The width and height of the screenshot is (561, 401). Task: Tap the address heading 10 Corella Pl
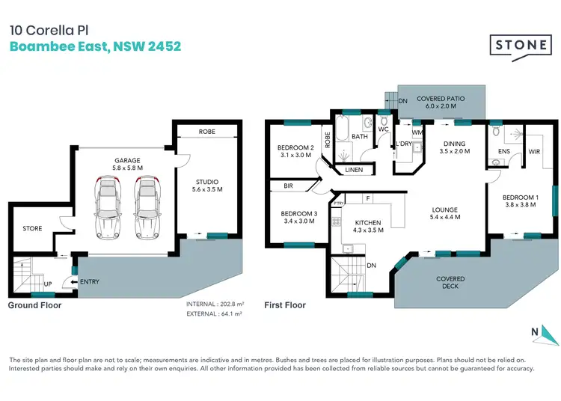(x=46, y=31)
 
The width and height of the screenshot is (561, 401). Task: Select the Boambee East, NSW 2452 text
(x=95, y=46)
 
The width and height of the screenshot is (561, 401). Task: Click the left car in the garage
(x=108, y=203)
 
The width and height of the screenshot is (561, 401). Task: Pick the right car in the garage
(x=147, y=203)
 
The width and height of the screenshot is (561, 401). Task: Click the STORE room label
(x=32, y=228)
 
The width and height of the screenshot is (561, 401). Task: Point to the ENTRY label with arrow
(x=88, y=281)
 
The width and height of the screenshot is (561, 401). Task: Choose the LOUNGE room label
(x=444, y=213)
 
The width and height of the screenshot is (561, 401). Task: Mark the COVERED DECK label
(x=450, y=283)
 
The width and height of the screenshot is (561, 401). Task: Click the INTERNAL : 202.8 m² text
(x=216, y=304)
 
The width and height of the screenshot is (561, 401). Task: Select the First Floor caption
(x=285, y=305)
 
